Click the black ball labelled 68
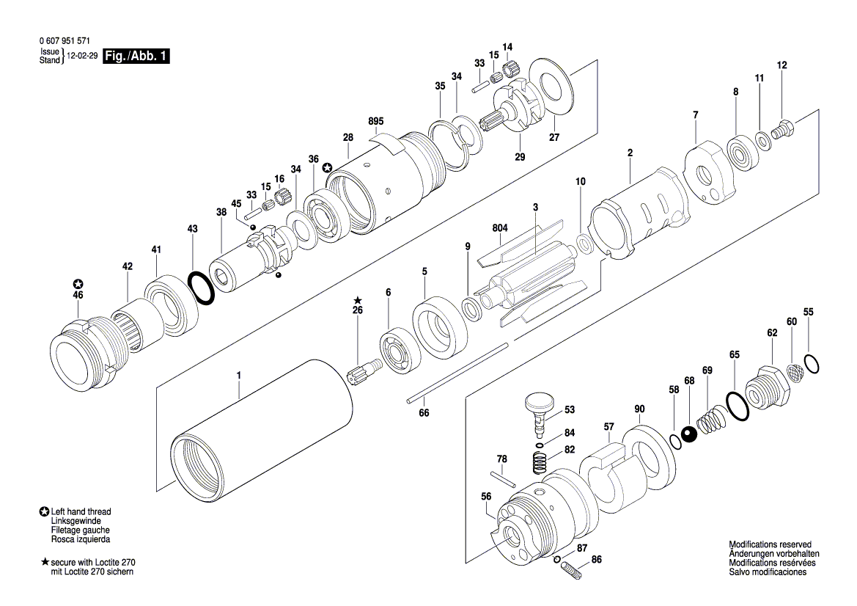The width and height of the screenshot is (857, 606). click(688, 435)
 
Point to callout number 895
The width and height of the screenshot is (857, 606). click(375, 121)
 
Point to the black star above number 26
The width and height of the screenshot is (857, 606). click(358, 300)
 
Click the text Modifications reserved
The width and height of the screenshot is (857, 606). click(770, 544)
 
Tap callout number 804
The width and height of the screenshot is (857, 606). click(499, 228)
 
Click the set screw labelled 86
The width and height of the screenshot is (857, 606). click(577, 568)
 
